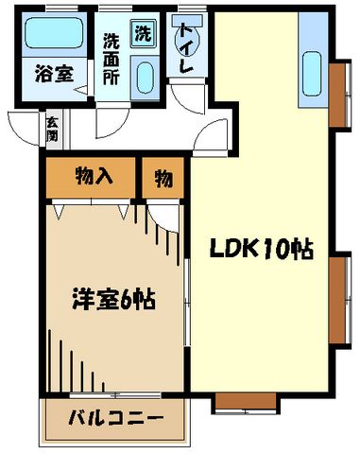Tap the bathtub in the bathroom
pyautogui.click(x=53, y=36)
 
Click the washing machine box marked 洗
pyautogui.click(x=143, y=34)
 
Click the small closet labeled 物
pyautogui.click(x=162, y=177)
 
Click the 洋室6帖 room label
pyautogui.click(x=111, y=302)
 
